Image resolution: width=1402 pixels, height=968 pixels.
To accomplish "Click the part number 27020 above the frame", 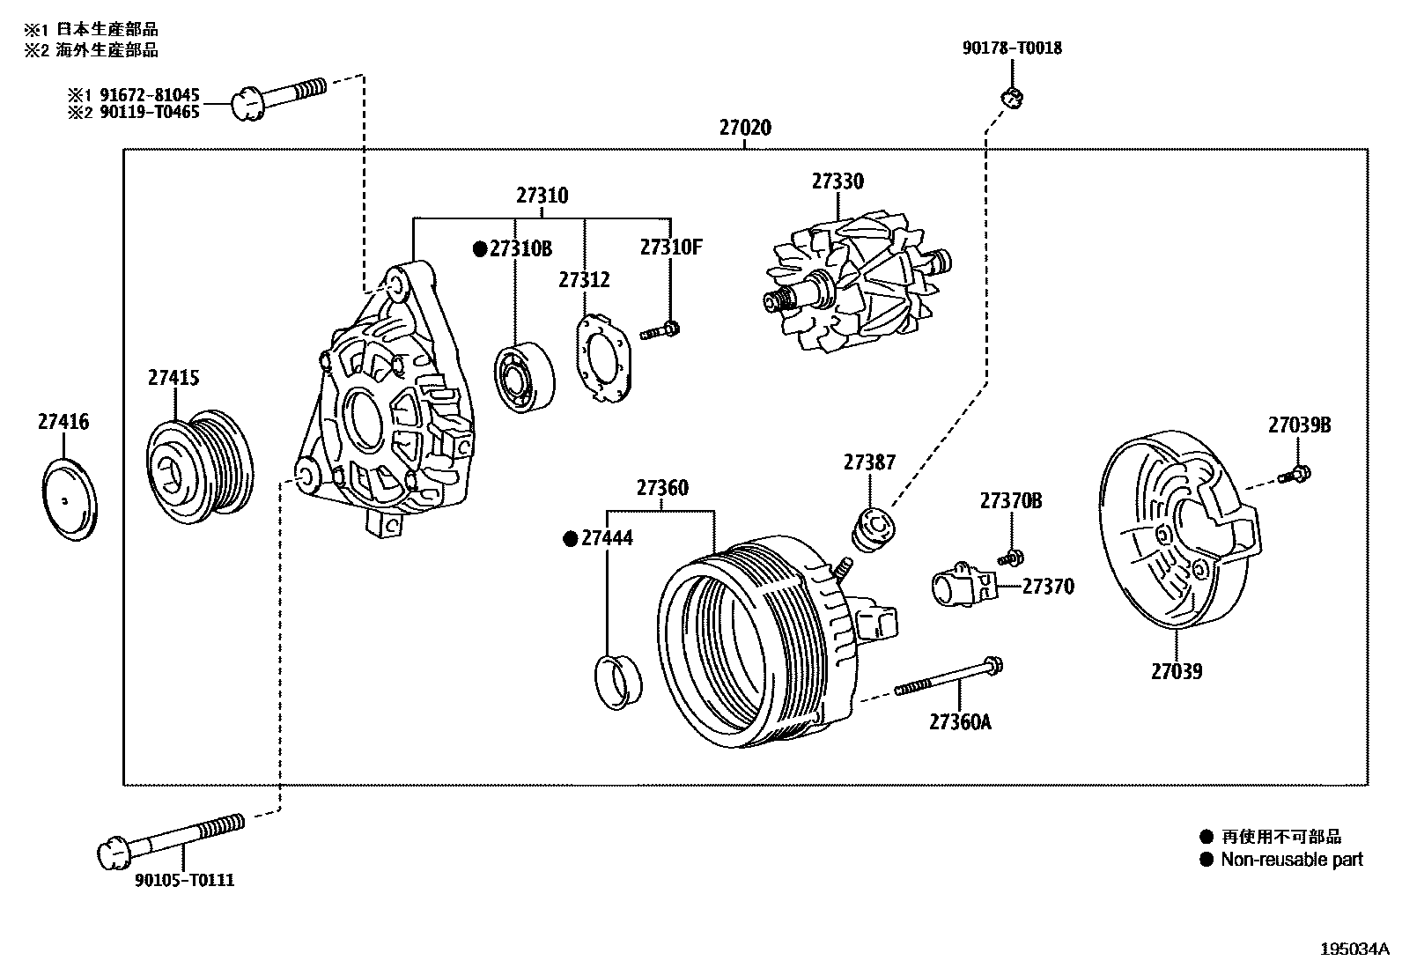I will pyautogui.click(x=744, y=128).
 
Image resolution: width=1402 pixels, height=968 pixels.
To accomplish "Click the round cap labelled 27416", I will pyautogui.click(x=70, y=499).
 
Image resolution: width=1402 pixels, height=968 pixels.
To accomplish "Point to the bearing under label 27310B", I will pyautogui.click(x=525, y=376).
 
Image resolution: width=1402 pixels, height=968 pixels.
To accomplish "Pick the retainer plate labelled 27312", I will pyautogui.click(x=604, y=358).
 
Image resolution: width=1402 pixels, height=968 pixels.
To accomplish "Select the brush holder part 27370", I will pyautogui.click(x=963, y=587).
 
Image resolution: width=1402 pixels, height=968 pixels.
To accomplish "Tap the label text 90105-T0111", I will pyautogui.click(x=185, y=880).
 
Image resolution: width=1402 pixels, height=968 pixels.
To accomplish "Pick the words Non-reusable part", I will pyautogui.click(x=1291, y=860).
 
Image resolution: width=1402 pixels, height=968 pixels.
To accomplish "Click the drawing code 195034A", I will pyautogui.click(x=1354, y=950).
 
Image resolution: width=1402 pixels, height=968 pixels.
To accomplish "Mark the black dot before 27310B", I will pyautogui.click(x=480, y=249).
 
